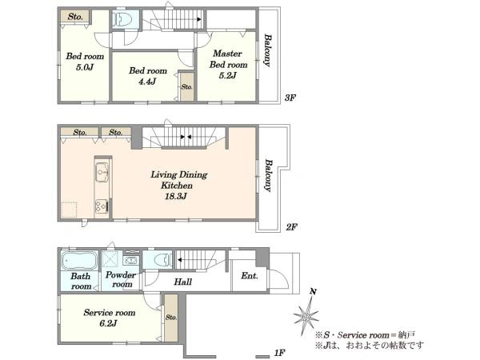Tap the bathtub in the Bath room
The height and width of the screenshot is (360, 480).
(79, 261)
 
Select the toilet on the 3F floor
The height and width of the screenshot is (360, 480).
(122, 19)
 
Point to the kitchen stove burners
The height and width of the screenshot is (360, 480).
(102, 206)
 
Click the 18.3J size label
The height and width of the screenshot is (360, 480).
(176, 196)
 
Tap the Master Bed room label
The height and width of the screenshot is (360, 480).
(228, 58)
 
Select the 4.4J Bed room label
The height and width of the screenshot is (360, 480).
(148, 76)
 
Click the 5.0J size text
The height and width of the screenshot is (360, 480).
(85, 67)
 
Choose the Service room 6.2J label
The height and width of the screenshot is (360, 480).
(110, 318)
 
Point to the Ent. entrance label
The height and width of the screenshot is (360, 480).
(250, 276)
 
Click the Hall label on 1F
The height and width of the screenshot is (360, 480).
(183, 282)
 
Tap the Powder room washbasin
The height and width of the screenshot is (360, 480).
(131, 261)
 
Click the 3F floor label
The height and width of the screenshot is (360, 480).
(290, 98)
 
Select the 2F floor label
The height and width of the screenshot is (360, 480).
(292, 227)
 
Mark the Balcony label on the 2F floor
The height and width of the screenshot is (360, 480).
(268, 175)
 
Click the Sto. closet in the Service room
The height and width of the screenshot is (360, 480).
(171, 318)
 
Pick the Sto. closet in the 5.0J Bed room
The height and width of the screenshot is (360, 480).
(75, 16)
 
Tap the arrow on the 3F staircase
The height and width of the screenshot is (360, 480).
(199, 19)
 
